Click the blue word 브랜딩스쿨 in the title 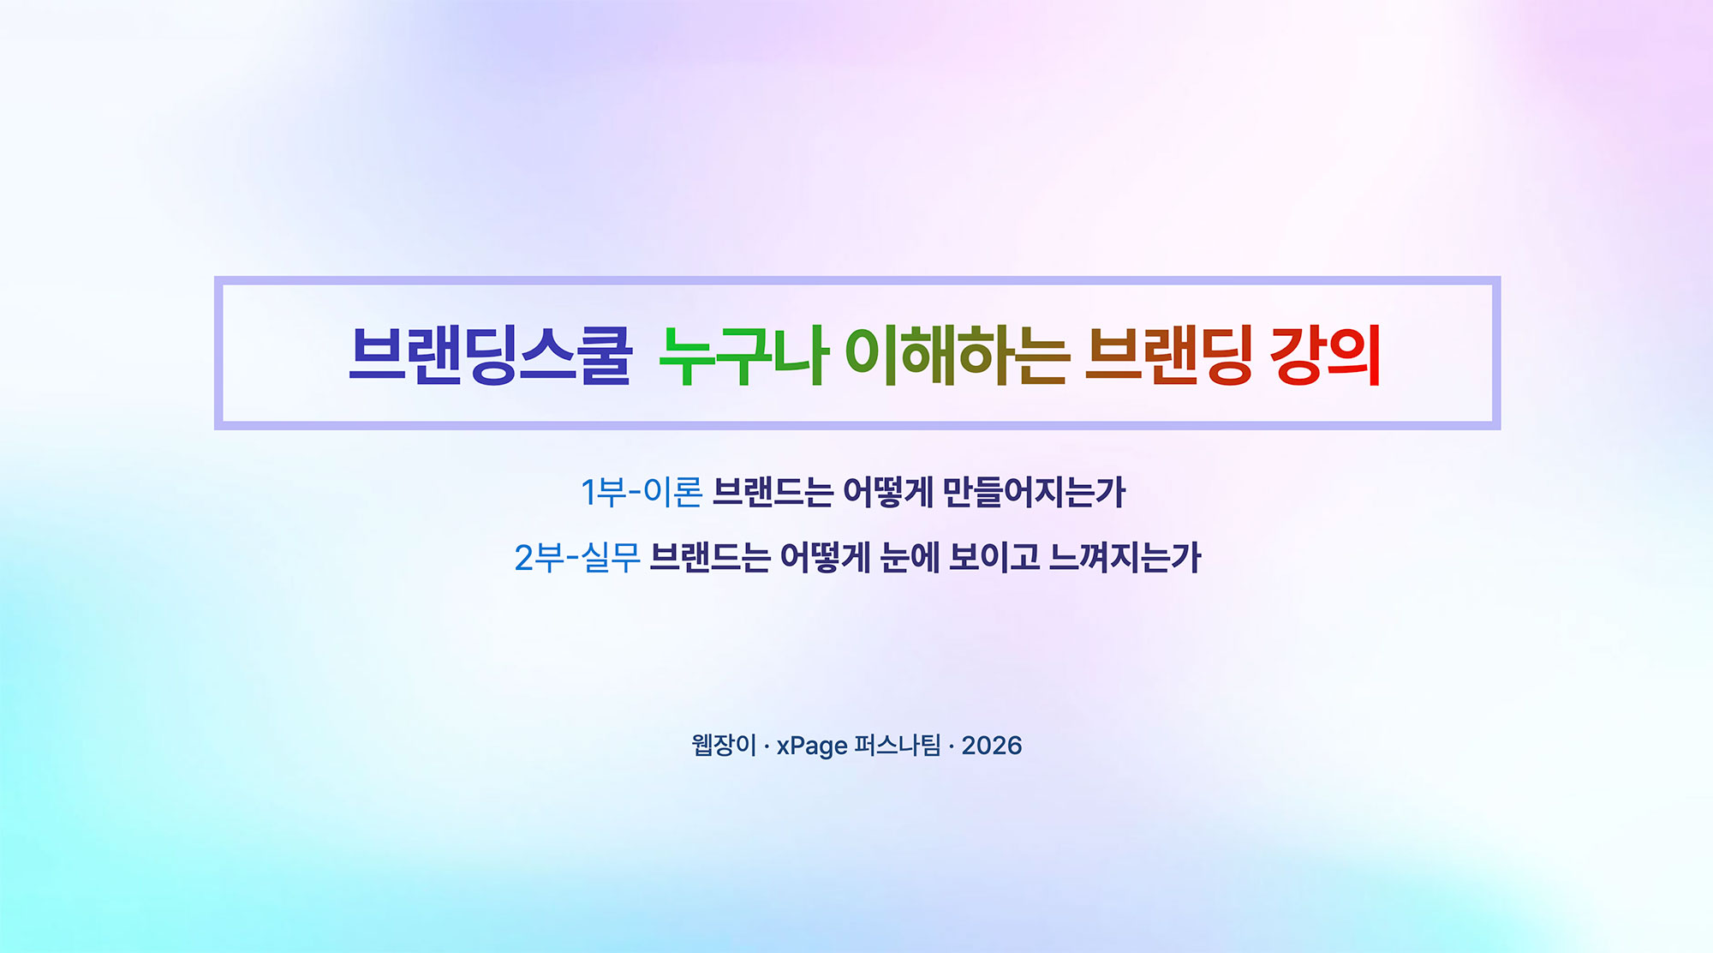(x=491, y=354)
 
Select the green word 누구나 (x=743, y=354)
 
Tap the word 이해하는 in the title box (x=958, y=354)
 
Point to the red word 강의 (x=1326, y=354)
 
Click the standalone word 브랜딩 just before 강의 (x=1169, y=354)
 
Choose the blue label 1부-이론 (x=642, y=492)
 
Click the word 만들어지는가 (x=1034, y=492)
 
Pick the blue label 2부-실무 (x=577, y=558)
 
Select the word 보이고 (x=994, y=558)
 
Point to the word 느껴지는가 (x=1125, y=558)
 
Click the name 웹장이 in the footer (x=724, y=745)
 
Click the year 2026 (x=992, y=746)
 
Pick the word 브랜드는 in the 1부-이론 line (x=773, y=492)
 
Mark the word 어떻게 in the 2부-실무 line (x=825, y=558)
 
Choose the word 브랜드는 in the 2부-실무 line (x=710, y=558)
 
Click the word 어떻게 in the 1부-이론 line (x=888, y=492)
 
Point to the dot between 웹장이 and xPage (x=767, y=746)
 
